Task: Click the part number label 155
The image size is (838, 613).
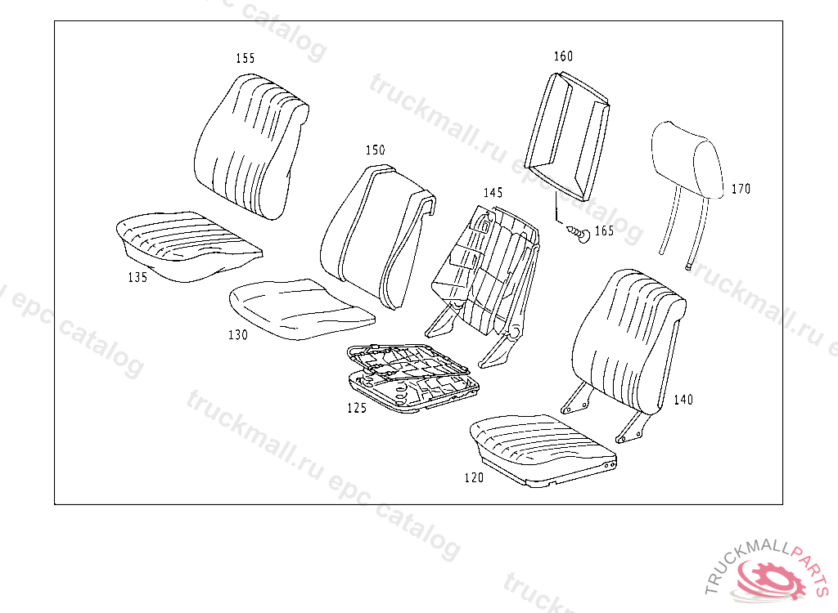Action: [x=245, y=58]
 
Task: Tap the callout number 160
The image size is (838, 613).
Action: [x=563, y=56]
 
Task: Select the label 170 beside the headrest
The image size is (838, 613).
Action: [x=741, y=189]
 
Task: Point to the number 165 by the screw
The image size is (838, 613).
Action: [x=604, y=231]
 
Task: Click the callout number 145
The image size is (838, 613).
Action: [x=493, y=193]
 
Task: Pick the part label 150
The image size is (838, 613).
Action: [x=375, y=150]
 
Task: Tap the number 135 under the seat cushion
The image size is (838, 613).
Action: [x=137, y=277]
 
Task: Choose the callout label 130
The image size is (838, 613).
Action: [x=238, y=334]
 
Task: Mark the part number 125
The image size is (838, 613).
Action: [x=357, y=408]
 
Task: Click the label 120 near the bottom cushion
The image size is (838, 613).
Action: [x=474, y=477]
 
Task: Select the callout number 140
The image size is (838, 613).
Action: [x=683, y=400]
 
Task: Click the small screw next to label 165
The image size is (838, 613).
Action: [x=580, y=235]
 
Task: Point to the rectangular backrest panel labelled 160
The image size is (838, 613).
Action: [x=568, y=135]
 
